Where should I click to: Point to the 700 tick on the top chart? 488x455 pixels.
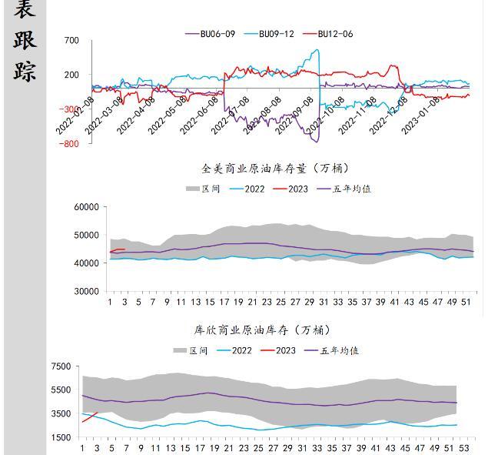(x=71, y=40)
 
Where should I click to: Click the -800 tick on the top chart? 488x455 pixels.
(x=70, y=144)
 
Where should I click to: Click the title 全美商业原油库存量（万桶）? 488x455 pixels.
(x=275, y=169)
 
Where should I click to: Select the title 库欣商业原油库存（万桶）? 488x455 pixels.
(x=262, y=330)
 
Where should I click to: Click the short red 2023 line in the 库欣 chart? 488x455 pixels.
(x=90, y=417)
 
